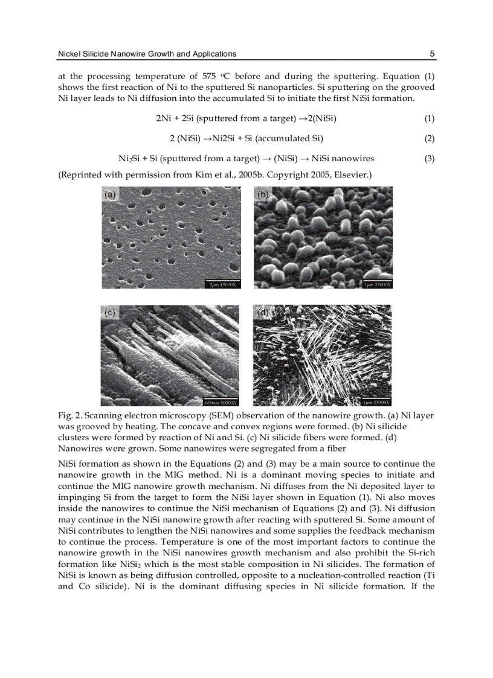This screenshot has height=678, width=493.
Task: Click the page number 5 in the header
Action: click(x=432, y=54)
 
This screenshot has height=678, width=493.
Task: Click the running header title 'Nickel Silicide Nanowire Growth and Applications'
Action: click(x=147, y=54)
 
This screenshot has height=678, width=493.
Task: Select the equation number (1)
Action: click(x=429, y=118)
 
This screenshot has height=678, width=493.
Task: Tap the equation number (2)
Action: click(x=429, y=138)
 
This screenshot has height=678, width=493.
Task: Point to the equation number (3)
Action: click(x=429, y=158)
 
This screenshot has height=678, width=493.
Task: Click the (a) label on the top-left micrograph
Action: click(x=110, y=195)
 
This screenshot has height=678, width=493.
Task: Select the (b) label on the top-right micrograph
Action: click(x=263, y=195)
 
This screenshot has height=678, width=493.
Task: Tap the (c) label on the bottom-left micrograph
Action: click(x=110, y=313)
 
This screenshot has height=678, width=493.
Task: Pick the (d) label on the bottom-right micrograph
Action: click(x=263, y=313)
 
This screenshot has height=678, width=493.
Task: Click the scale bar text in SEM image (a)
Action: click(x=223, y=284)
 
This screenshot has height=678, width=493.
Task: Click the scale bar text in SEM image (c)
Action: click(x=221, y=402)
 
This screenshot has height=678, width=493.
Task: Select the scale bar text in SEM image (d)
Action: click(x=376, y=402)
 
